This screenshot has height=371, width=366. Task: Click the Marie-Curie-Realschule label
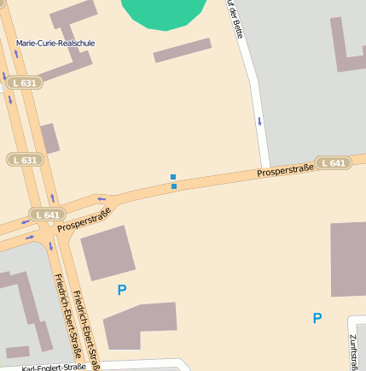(55, 43)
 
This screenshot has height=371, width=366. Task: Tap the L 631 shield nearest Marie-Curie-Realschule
(25, 83)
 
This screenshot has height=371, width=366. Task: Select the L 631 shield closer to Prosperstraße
(25, 160)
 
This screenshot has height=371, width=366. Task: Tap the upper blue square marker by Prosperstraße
(173, 177)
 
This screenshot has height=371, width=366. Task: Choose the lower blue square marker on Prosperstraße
(174, 185)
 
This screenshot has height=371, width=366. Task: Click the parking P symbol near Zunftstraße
(317, 318)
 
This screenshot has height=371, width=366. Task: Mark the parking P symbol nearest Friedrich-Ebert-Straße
(122, 291)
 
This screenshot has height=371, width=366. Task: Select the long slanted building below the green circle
(182, 50)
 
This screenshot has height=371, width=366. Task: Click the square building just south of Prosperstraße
(108, 253)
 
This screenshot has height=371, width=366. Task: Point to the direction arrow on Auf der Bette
(259, 120)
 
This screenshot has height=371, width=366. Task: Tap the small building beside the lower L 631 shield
(49, 138)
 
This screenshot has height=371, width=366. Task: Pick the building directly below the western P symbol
(140, 325)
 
